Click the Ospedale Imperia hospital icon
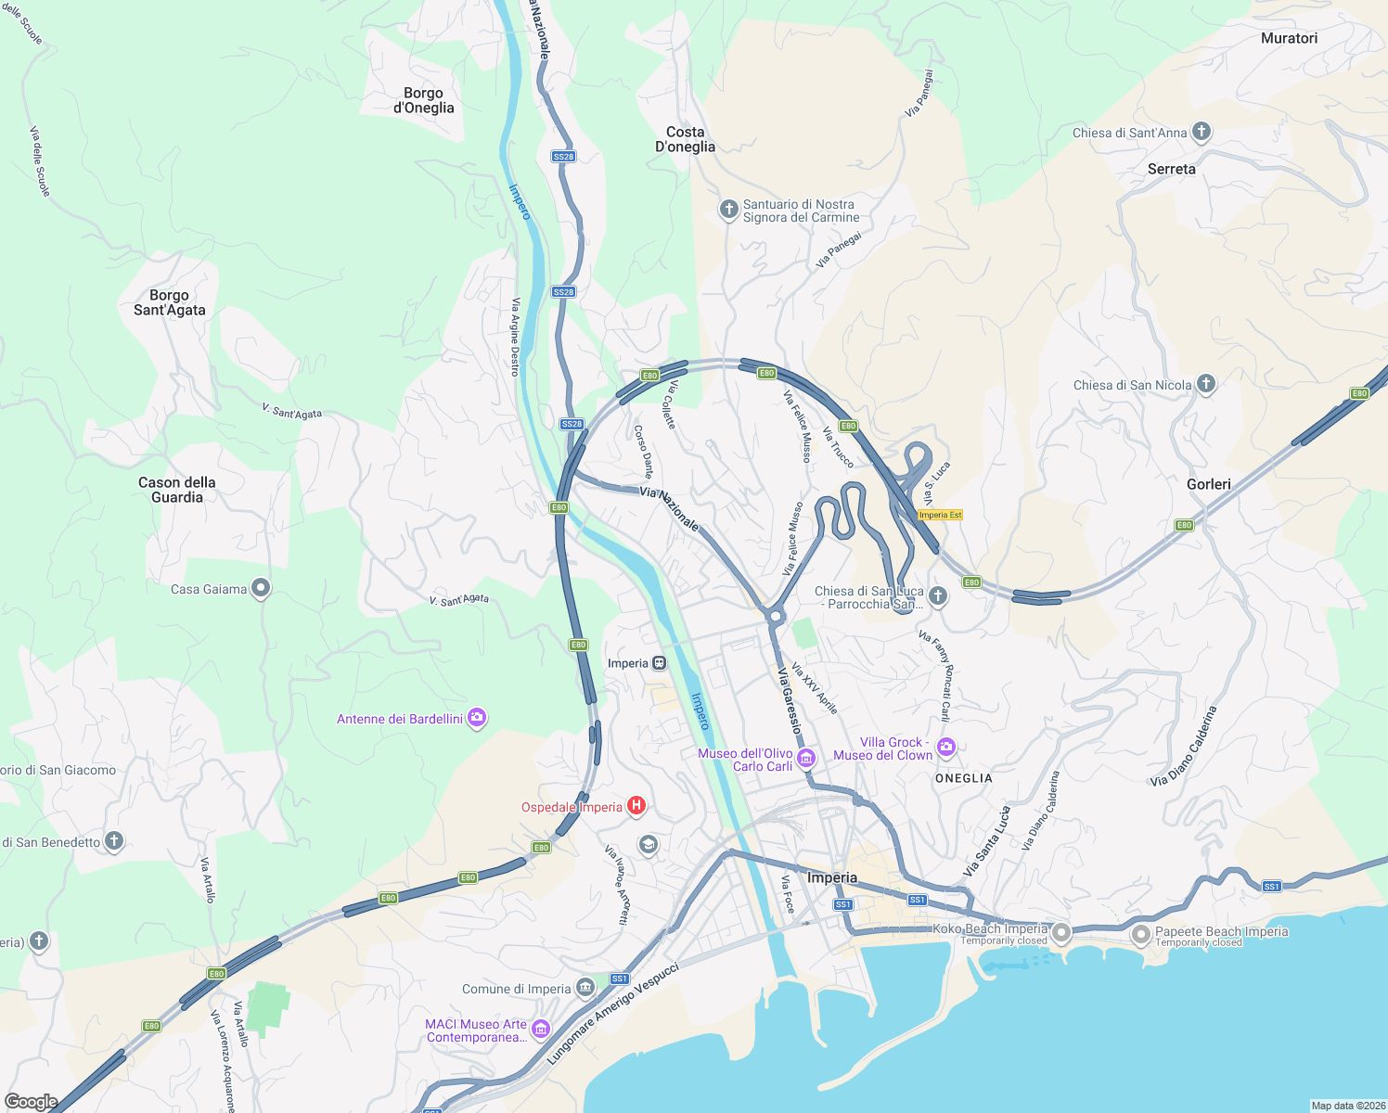pyautogui.click(x=636, y=806)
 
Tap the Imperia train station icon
pyautogui.click(x=659, y=663)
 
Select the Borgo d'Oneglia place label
pyautogui.click(x=424, y=100)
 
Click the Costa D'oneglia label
pyautogui.click(x=685, y=139)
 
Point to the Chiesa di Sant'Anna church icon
pyautogui.click(x=1202, y=131)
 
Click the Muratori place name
pyautogui.click(x=1289, y=38)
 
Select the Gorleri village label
pyautogui.click(x=1208, y=484)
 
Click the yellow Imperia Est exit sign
pyautogui.click(x=940, y=515)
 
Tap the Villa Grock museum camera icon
pyautogui.click(x=945, y=747)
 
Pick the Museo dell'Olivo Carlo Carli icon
pyautogui.click(x=806, y=759)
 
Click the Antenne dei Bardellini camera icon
pyautogui.click(x=476, y=717)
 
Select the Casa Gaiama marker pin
pyautogui.click(x=261, y=587)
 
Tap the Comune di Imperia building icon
pyautogui.click(x=585, y=987)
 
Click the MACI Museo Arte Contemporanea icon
pyautogui.click(x=541, y=1029)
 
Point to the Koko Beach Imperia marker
pyautogui.click(x=1061, y=932)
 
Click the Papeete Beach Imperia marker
pyautogui.click(x=1140, y=933)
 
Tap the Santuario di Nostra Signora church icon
pyautogui.click(x=729, y=209)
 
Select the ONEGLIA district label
pyautogui.click(x=963, y=778)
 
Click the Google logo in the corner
pyautogui.click(x=31, y=1101)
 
